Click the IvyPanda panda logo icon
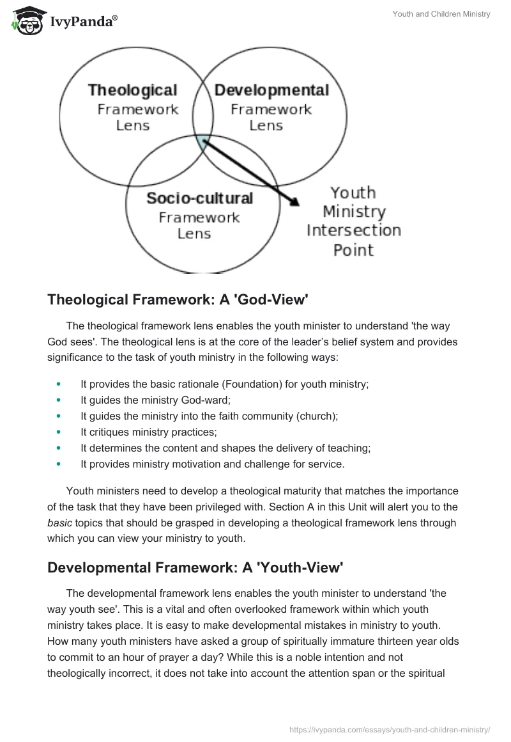pos(26,20)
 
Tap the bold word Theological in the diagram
pos(132,90)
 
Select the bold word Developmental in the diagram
pos(271,90)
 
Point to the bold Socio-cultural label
pos(199,198)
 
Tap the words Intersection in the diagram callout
pos(353,230)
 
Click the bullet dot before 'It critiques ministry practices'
pos(59,432)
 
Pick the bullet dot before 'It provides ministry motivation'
pos(59,464)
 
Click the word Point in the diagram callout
pos(353,249)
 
